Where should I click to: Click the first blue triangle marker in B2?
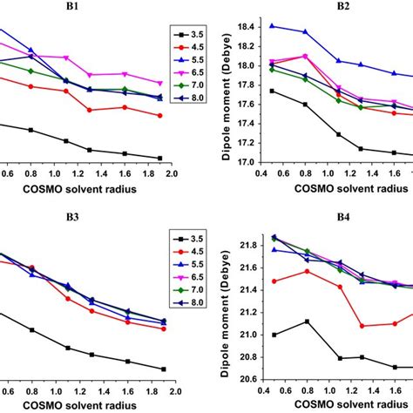[x=273, y=26]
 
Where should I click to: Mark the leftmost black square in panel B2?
[x=273, y=91]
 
